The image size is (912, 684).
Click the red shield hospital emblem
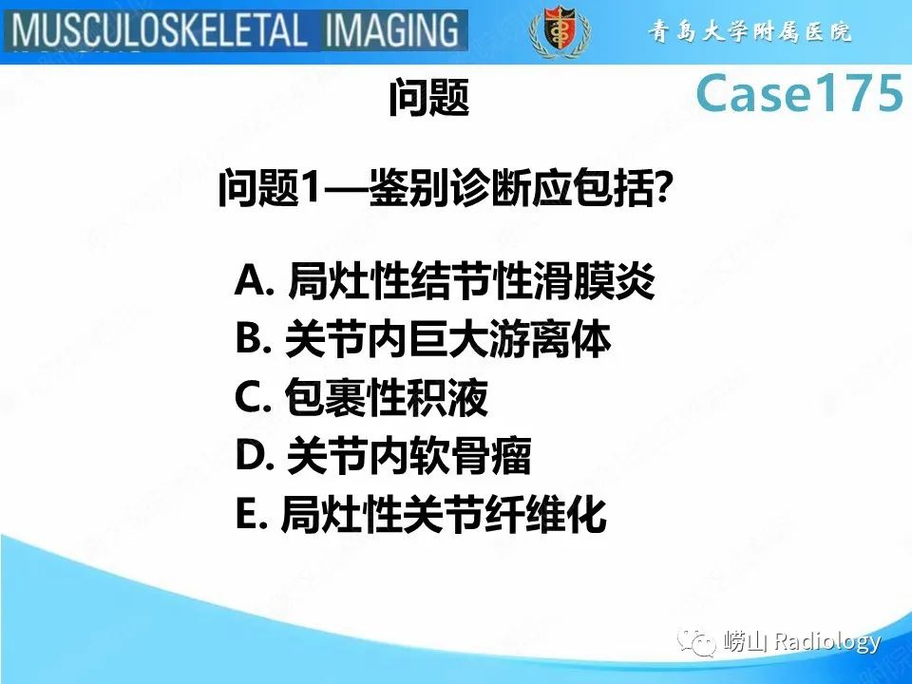click(x=552, y=31)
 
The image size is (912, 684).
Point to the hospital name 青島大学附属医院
click(x=750, y=32)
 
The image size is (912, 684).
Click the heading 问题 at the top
click(x=429, y=99)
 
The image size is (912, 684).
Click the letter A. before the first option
click(x=256, y=280)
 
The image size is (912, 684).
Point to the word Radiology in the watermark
click(x=826, y=642)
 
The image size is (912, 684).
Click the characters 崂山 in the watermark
click(x=745, y=643)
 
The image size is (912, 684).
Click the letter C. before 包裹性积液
click(x=254, y=400)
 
